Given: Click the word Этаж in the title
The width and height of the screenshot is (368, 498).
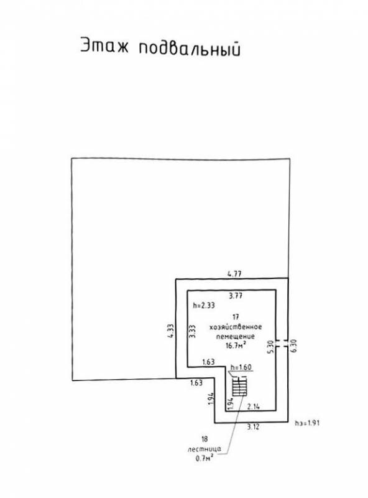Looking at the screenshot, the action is coord(104,45).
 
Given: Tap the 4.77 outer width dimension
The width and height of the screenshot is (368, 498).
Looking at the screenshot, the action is coord(234,273).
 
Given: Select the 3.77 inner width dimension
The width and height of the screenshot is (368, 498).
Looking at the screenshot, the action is coord(236,296).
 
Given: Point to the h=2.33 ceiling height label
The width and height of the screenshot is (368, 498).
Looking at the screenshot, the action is coord(204,306).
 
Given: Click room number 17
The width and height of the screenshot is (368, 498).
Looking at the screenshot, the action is coord(236,317).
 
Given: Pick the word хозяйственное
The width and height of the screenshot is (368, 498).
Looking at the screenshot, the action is coord(236,327).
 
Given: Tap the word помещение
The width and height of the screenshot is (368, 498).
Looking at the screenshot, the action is coord(236,336).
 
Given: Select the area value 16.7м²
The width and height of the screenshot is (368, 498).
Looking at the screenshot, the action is coord(236,345).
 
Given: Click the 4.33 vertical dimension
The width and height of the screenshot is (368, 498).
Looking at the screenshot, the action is coord(171,331).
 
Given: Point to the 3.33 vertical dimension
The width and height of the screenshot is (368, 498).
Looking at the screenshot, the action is coord(192,331).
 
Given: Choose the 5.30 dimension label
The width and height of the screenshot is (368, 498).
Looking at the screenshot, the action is coord(270,347).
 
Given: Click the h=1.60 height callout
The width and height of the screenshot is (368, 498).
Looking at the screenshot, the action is coord(241,367).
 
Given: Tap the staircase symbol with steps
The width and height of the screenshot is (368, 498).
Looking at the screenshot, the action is coord(239,385).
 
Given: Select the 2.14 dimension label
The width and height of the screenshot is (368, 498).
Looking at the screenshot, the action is coord(253,406).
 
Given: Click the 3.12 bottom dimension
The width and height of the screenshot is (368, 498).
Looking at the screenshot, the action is coord(253,427).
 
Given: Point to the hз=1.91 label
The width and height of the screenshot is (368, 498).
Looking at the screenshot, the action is coord(307,423).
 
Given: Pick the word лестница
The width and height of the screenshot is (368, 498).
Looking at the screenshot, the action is coord(205,449).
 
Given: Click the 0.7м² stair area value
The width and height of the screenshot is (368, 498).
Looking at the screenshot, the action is coord(205,458).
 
